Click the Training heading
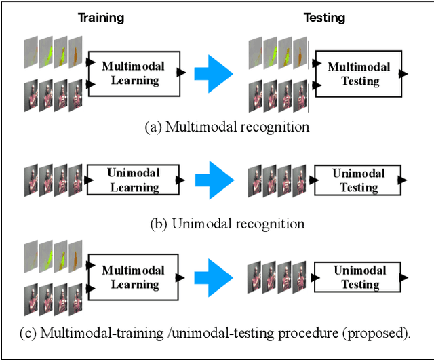coord(100,17)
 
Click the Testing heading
coord(324,17)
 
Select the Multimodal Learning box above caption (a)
coord(132,73)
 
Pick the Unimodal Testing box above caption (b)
coord(358,180)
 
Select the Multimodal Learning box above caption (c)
coord(132,277)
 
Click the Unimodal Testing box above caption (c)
coord(359,277)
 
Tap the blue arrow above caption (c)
coord(213,277)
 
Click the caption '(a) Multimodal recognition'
coord(226,127)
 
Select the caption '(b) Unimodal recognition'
coord(226,224)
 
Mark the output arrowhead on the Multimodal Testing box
coord(403,73)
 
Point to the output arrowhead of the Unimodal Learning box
coord(179,180)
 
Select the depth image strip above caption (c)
coord(53,258)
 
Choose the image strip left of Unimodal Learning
coord(53,180)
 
